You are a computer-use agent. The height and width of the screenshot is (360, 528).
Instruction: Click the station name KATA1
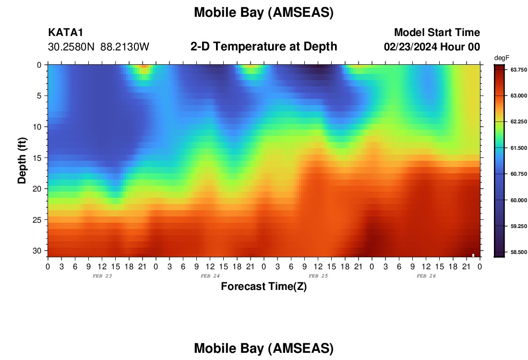[65, 32]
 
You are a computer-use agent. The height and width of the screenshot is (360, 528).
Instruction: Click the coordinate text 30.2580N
[71, 47]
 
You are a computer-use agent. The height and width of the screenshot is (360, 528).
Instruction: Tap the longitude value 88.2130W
[125, 47]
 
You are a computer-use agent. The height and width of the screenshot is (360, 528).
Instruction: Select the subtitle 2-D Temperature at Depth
[264, 47]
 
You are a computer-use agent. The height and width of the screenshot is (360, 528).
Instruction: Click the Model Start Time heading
[437, 32]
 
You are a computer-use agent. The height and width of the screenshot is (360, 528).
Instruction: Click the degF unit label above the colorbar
[502, 58]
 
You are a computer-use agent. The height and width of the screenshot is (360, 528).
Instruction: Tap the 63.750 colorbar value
[518, 70]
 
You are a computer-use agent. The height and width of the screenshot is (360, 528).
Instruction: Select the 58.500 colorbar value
[518, 252]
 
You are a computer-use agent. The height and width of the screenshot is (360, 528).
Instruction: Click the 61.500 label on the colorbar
[518, 148]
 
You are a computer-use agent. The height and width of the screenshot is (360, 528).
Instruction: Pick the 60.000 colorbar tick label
[518, 200]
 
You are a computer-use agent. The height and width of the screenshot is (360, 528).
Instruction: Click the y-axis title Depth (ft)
[22, 160]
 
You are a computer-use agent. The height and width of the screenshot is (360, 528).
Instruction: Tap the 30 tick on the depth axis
[37, 251]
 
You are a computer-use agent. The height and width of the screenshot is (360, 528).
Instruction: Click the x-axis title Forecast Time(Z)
[264, 286]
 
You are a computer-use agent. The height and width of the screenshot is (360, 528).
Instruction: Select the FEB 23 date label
[102, 276]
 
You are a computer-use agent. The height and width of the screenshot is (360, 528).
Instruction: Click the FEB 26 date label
[426, 276]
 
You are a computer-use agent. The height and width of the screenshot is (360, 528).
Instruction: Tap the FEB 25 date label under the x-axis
[318, 276]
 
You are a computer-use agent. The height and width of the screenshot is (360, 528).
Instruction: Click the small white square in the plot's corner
[473, 255]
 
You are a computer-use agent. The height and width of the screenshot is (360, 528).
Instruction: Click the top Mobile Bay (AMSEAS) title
[264, 12]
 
